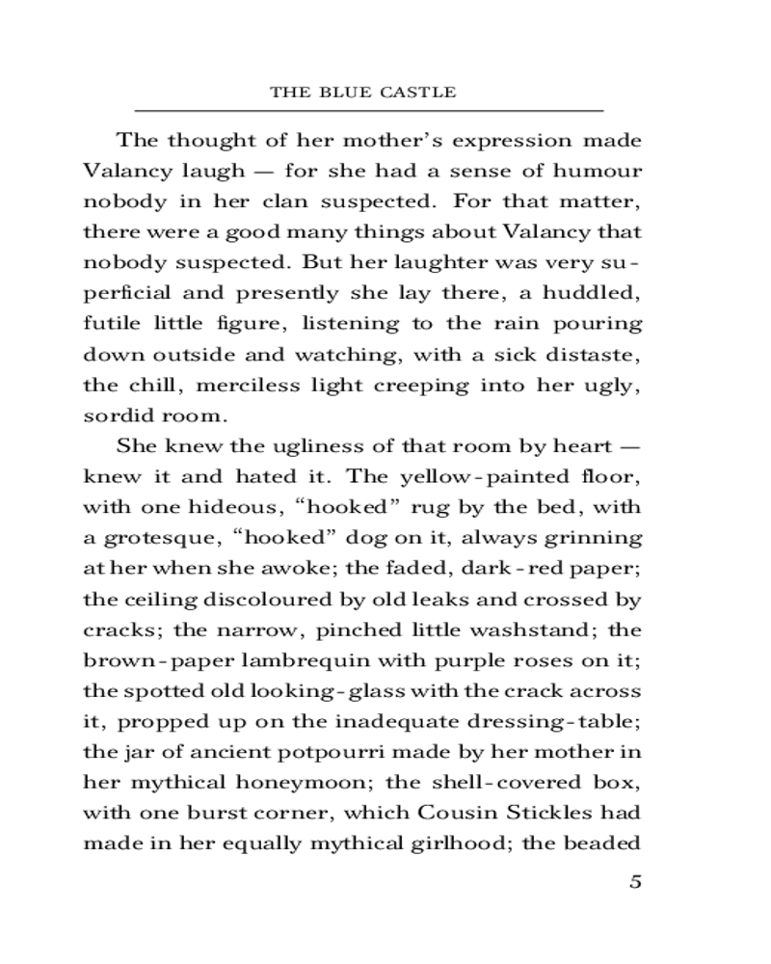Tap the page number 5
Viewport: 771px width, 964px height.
tap(634, 882)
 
